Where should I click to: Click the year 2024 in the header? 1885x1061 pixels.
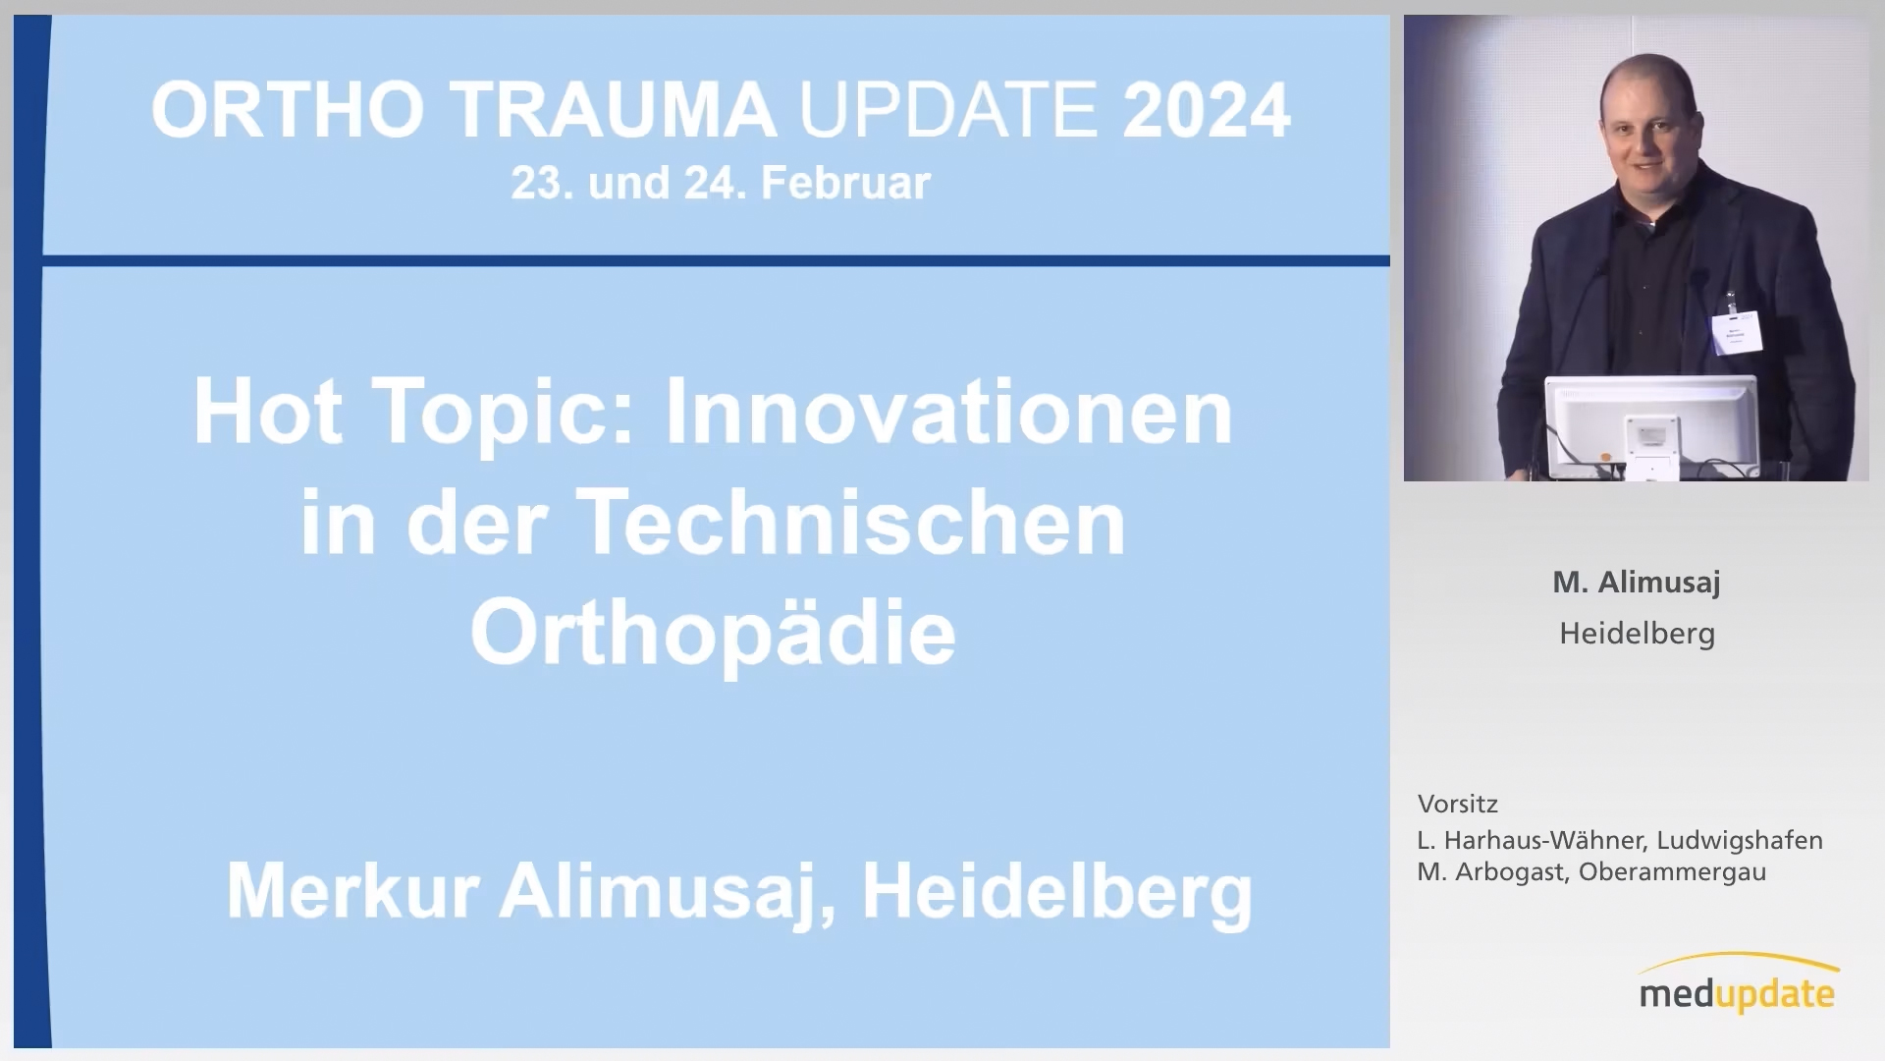1207,109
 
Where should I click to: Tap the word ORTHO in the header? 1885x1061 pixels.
288,109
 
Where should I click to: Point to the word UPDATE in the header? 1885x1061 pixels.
948,109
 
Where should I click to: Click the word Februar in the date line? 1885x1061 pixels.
845,184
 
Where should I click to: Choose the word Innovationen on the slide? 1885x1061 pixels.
948,413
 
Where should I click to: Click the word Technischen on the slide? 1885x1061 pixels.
853,523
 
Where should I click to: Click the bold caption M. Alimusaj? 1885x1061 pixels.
1637,583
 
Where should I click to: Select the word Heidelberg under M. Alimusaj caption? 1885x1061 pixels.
1638,634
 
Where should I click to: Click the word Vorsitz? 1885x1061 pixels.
1458,804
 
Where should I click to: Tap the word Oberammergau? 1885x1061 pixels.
1673,872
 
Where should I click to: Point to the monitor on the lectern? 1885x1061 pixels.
1650,426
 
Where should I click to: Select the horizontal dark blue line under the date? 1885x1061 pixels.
717,260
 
